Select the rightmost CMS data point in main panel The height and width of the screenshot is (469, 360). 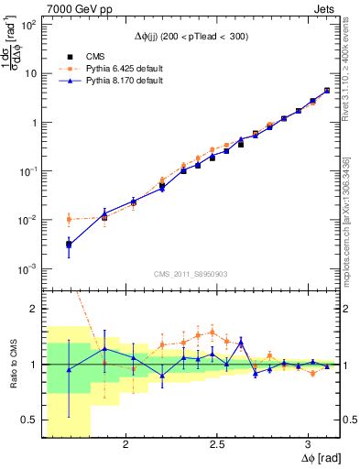tap(327, 91)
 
